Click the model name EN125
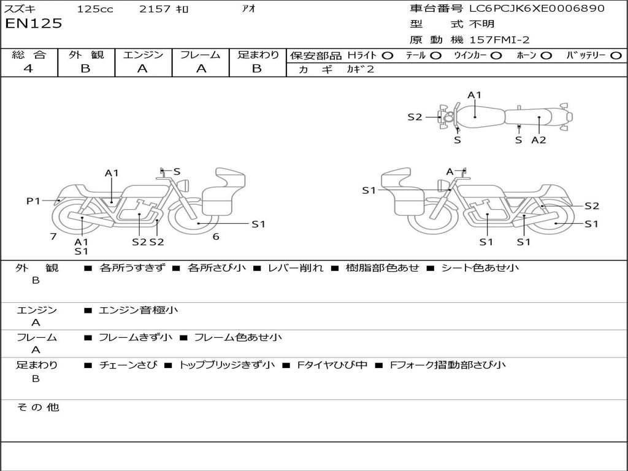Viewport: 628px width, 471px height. pyautogui.click(x=34, y=24)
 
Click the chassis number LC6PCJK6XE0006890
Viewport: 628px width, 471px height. pyautogui.click(x=537, y=9)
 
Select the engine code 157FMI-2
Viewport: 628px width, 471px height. pyautogui.click(x=499, y=40)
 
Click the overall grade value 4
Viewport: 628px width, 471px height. pyautogui.click(x=28, y=69)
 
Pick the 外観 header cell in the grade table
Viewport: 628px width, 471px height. pyautogui.click(x=86, y=55)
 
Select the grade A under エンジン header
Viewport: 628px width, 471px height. pyautogui.click(x=142, y=69)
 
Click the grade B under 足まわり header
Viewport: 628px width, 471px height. pyautogui.click(x=257, y=69)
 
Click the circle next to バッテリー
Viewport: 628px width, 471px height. pyautogui.click(x=615, y=55)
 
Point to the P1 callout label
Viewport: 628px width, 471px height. pyautogui.click(x=33, y=201)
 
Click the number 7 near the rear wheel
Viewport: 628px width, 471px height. pyautogui.click(x=53, y=236)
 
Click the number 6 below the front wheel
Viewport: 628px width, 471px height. pyautogui.click(x=215, y=236)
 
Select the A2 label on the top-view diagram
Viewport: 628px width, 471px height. pyautogui.click(x=538, y=140)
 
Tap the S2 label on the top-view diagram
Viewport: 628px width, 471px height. pyautogui.click(x=415, y=117)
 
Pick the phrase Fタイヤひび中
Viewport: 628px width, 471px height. pyautogui.click(x=332, y=365)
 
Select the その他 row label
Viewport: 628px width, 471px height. pyautogui.click(x=38, y=407)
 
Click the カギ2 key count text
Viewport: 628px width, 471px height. pyautogui.click(x=360, y=69)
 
